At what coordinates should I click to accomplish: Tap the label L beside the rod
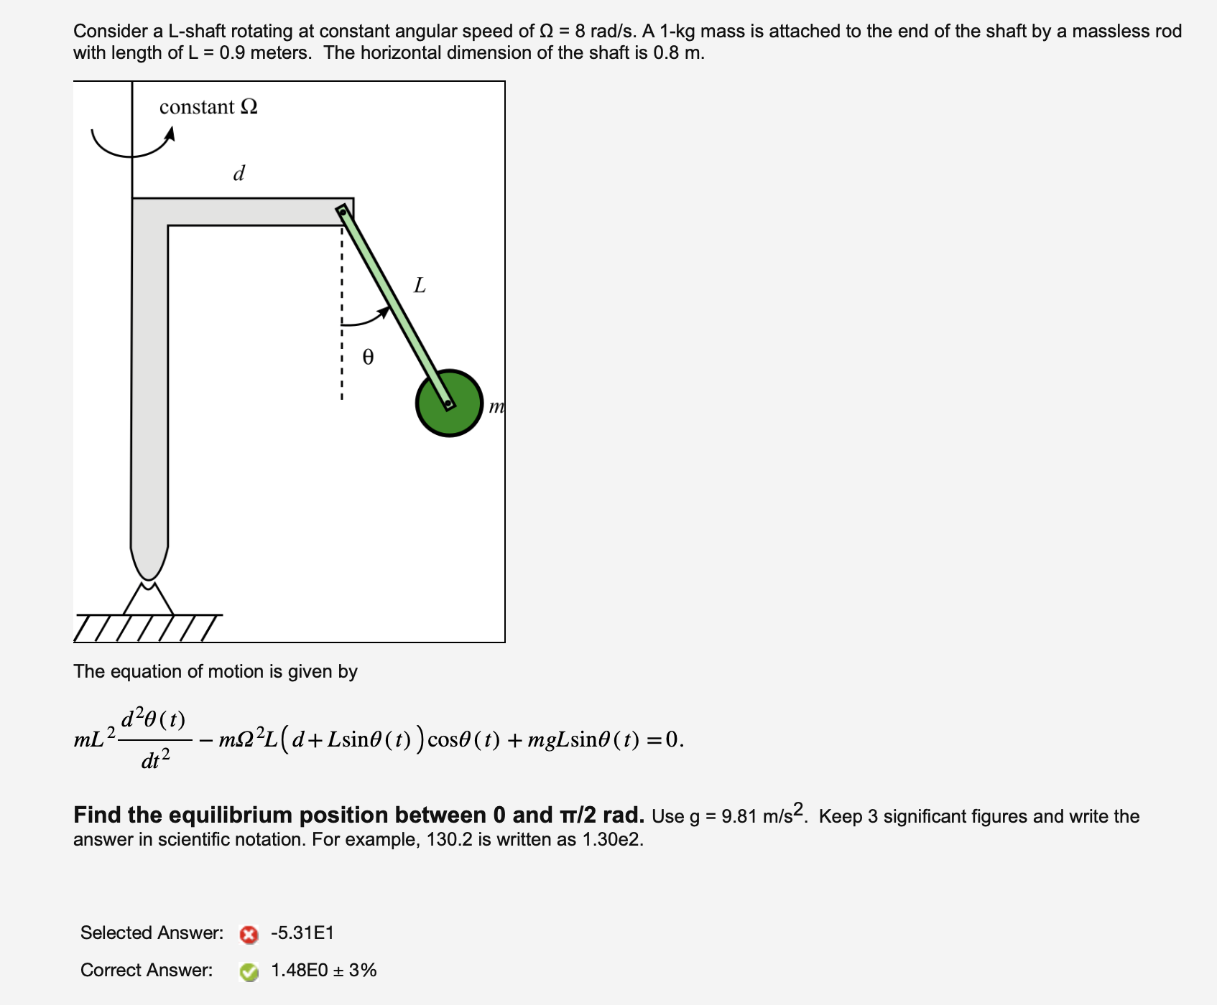(420, 286)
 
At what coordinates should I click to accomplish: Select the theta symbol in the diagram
(368, 357)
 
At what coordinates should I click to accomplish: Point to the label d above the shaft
(239, 173)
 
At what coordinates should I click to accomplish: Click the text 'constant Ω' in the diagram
(208, 107)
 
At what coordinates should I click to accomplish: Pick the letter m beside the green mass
(496, 407)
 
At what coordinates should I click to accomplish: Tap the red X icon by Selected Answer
(249, 935)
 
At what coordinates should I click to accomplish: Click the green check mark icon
(249, 972)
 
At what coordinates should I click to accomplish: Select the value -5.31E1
(302, 933)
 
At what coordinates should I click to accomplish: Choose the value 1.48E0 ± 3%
(323, 971)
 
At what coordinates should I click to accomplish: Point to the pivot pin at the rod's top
(343, 211)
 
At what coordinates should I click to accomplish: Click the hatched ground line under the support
(147, 626)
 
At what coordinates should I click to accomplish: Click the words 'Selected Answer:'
(152, 933)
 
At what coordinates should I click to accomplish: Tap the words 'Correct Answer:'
(147, 971)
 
